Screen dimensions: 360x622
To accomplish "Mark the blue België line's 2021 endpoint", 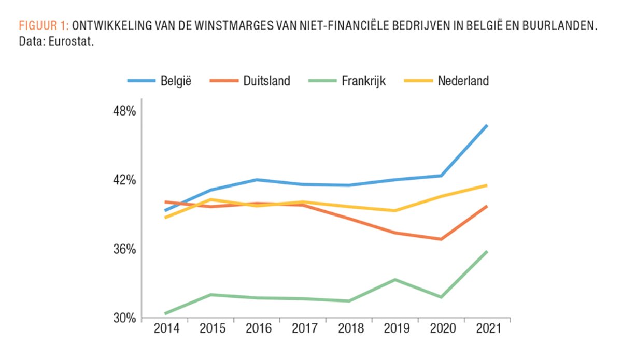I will tap(487, 126).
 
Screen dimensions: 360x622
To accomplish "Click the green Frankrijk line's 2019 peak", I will tap(395, 280).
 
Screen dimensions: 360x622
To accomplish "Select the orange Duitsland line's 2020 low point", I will tap(441, 239).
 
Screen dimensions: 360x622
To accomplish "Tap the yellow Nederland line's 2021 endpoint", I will tap(487, 185).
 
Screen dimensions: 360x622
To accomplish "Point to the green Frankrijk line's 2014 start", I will tap(165, 313).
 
